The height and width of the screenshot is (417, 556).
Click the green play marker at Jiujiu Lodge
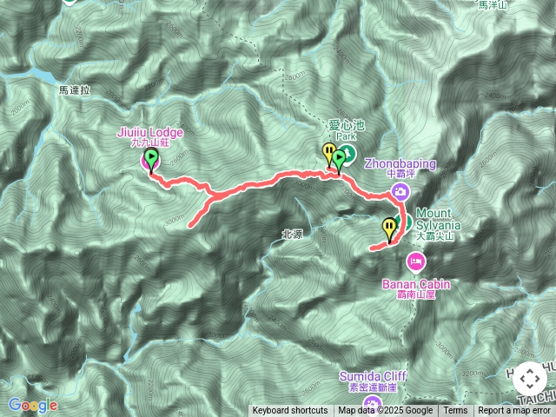pos(151,159)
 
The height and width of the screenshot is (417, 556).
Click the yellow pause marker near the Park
pos(329,153)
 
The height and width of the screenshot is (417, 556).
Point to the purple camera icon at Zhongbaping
pos(400,190)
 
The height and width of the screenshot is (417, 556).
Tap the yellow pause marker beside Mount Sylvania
pos(388,228)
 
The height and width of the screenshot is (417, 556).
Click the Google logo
pos(32,405)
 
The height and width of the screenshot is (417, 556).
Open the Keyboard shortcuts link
pos(290,411)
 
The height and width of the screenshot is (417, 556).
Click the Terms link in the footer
pos(455,411)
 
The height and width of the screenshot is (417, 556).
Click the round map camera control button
pos(530,378)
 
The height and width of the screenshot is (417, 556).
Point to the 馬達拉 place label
pos(75,89)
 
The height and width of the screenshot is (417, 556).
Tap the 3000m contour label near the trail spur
pos(175,218)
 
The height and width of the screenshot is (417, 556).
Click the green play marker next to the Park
pos(339,157)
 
